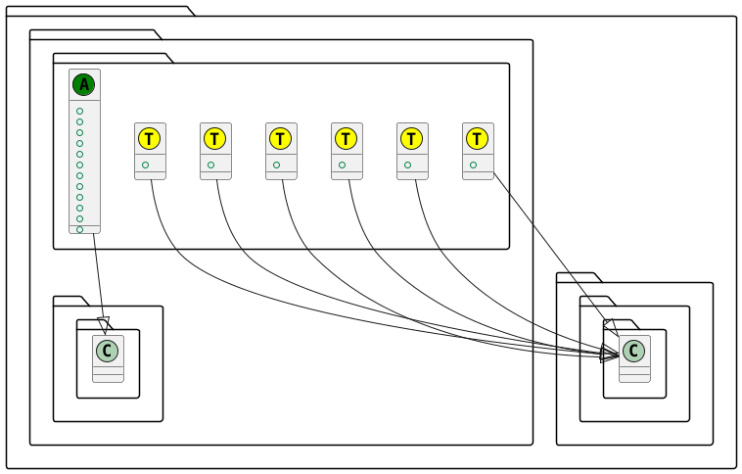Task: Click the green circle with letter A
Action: pos(84,85)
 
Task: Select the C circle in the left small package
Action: pos(108,351)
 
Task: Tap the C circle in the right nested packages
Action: pos(634,351)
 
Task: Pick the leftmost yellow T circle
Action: pos(150,139)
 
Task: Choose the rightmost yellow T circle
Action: pos(478,139)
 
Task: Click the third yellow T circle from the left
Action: pos(281,139)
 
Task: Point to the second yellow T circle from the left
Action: pos(215,139)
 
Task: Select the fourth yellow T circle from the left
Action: pos(347,139)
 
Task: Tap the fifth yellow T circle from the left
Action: pos(412,139)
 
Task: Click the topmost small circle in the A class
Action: pos(80,112)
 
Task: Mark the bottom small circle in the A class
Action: pos(80,229)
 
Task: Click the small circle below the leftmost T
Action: pos(145,166)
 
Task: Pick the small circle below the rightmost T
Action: pos(473,166)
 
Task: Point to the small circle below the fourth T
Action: pos(342,166)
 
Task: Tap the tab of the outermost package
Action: pos(98,11)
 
